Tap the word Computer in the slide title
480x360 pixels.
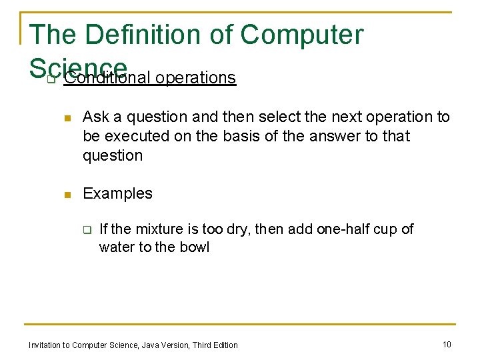(x=302, y=35)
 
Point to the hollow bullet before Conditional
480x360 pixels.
(x=50, y=79)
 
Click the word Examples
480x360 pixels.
(x=117, y=194)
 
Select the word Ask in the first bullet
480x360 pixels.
(x=95, y=117)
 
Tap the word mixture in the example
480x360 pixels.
(x=159, y=229)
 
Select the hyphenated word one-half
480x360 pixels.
(x=343, y=229)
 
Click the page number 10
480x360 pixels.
(x=447, y=344)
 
